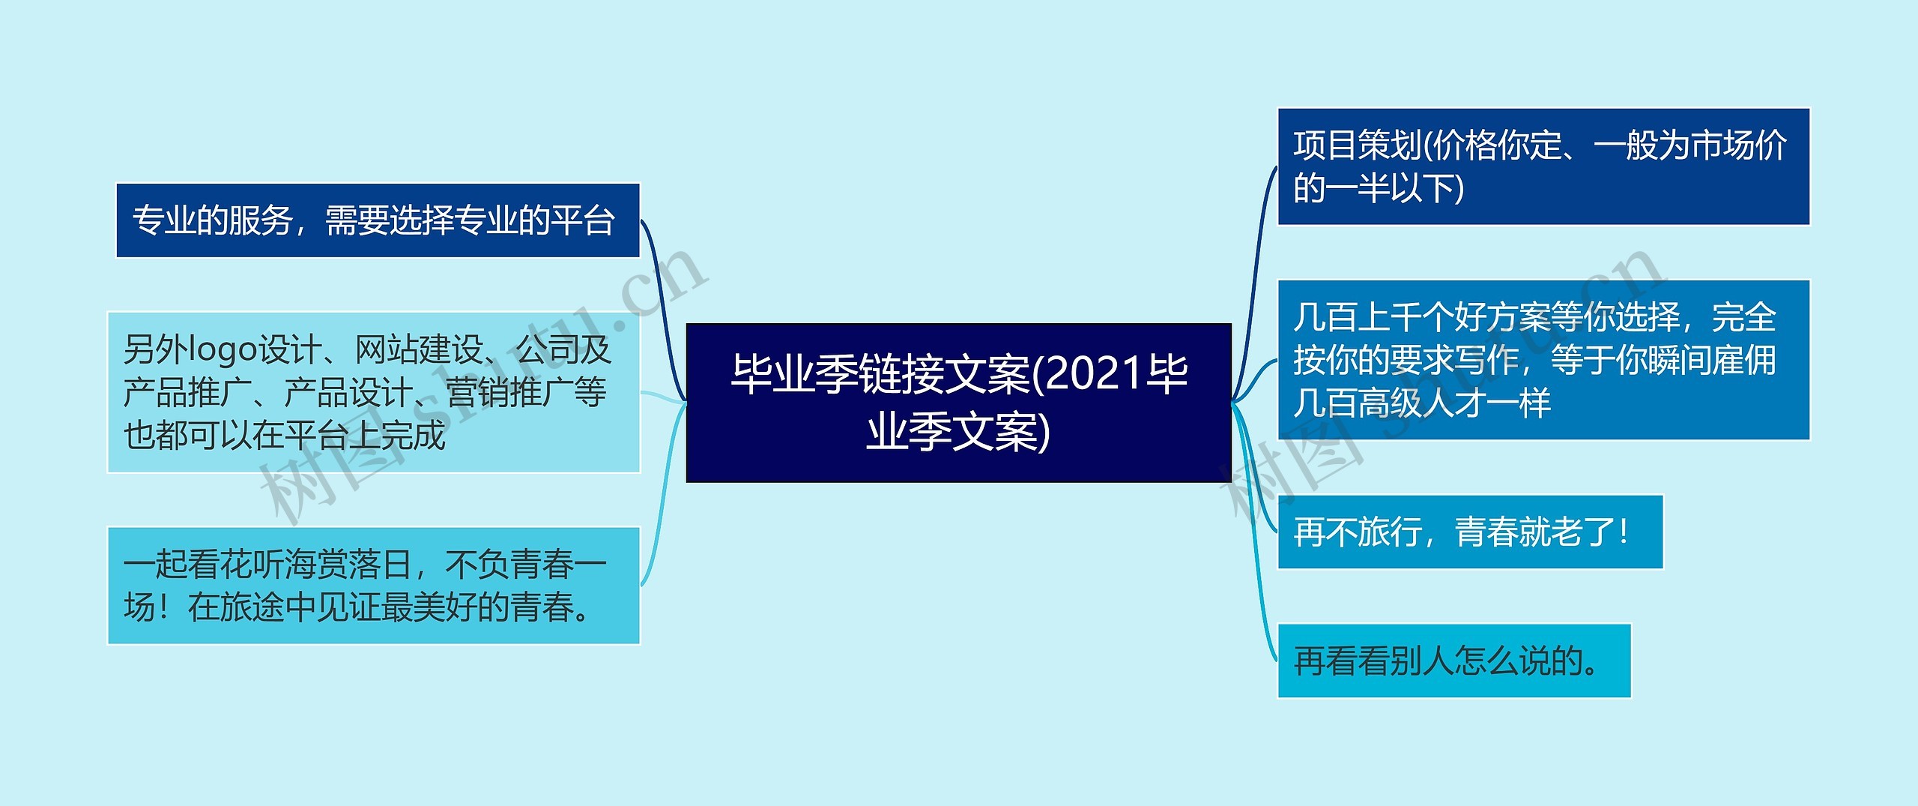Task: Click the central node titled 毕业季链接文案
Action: coord(958,403)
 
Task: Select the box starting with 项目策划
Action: coord(1543,166)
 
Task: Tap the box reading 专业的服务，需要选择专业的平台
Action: coord(378,220)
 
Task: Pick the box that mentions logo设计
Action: coord(373,392)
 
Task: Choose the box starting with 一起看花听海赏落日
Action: coord(373,586)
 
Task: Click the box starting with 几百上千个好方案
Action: coord(1543,360)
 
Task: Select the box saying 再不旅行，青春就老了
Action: coord(1470,532)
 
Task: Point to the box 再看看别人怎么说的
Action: coord(1454,661)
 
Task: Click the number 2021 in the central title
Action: coord(1097,374)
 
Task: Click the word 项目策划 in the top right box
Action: coord(1358,145)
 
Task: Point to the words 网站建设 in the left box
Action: coord(418,349)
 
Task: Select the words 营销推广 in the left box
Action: coord(510,392)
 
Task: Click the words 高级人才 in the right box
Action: coord(1422,403)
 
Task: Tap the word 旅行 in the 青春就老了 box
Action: coord(1391,532)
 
